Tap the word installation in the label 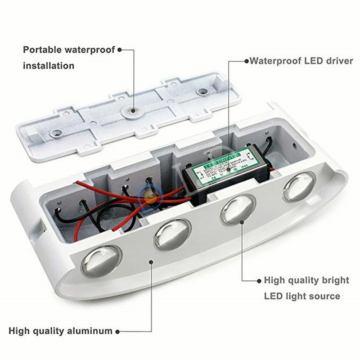pyautogui.click(x=49, y=66)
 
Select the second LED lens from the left pyautogui.click(x=172, y=234)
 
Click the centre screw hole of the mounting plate pyautogui.click(x=131, y=110)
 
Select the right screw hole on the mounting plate pyautogui.click(x=202, y=92)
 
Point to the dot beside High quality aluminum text pyautogui.click(x=117, y=332)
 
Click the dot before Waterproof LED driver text pyautogui.click(x=247, y=61)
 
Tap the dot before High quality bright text pyautogui.click(x=260, y=280)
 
